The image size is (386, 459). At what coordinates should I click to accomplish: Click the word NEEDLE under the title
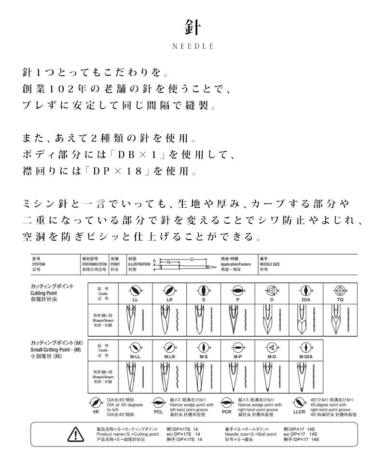[193, 46]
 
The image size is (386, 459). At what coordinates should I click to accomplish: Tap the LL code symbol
[135, 291]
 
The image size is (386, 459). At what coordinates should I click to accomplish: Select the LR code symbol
[169, 291]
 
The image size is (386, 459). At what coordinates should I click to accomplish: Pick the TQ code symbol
[340, 291]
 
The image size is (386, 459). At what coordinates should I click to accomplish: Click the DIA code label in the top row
[305, 300]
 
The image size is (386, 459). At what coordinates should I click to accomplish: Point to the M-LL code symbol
[135, 347]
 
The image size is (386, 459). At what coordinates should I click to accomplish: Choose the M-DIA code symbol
[305, 347]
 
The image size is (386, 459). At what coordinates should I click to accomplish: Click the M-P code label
[237, 357]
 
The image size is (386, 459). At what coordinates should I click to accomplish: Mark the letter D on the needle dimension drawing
[192, 260]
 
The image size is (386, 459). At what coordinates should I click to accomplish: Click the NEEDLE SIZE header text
[269, 265]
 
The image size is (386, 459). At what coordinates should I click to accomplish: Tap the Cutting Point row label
[44, 293]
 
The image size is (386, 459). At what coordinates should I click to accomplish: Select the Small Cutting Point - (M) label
[55, 349]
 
